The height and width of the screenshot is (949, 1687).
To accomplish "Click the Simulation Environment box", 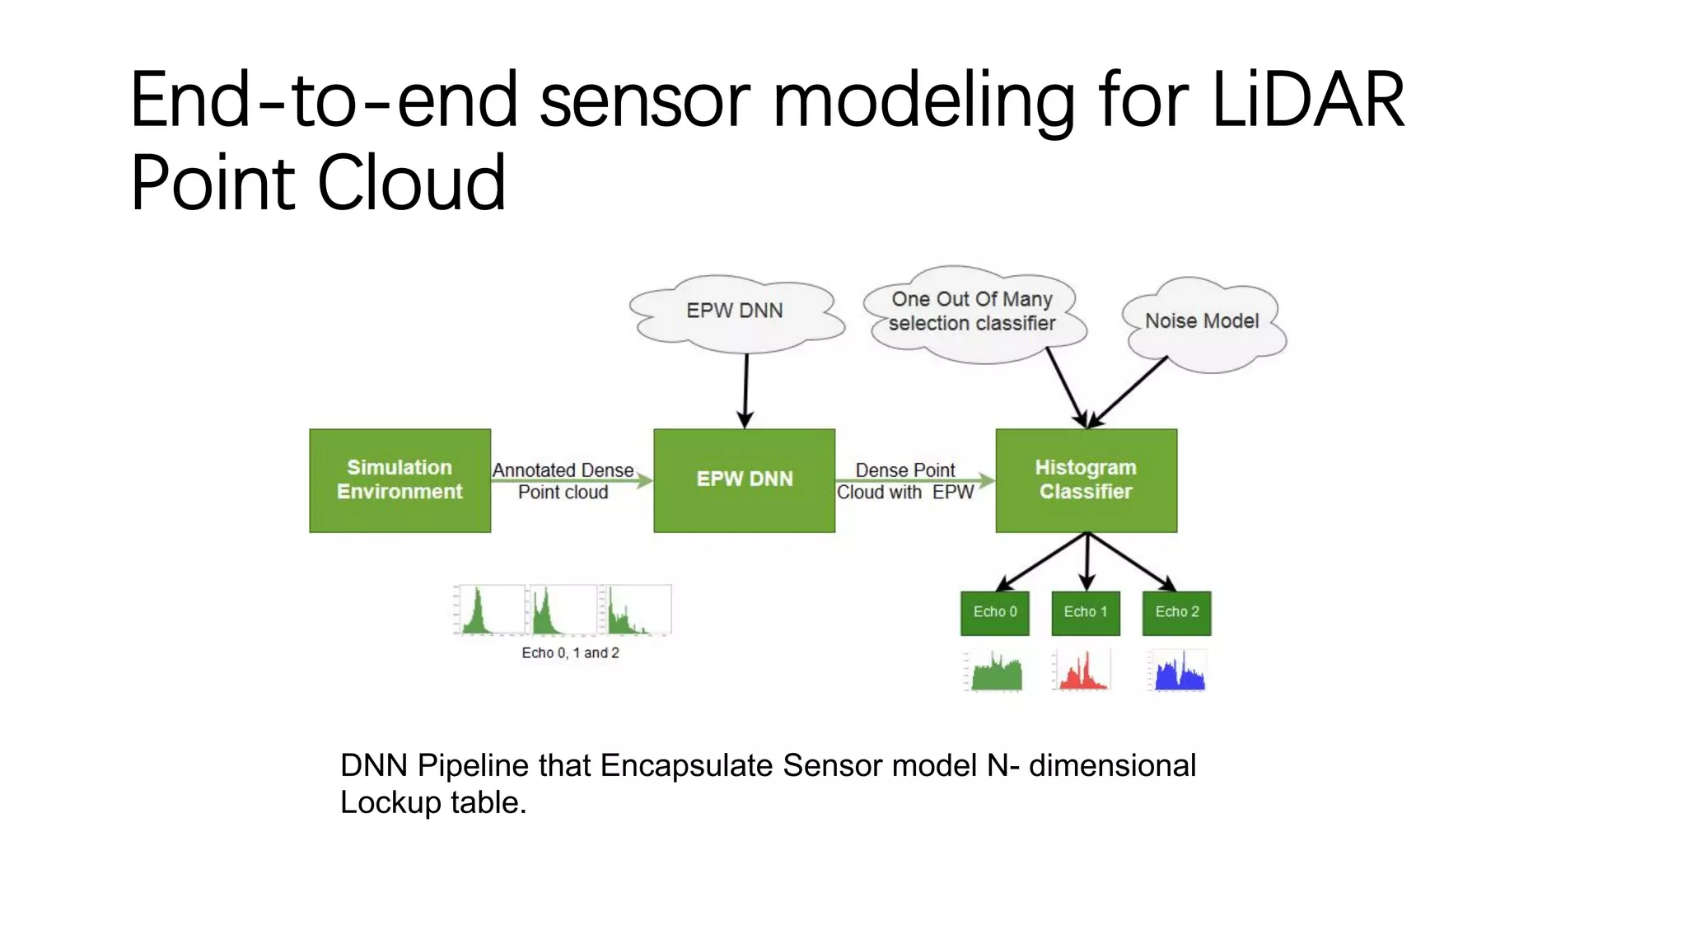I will click(x=400, y=480).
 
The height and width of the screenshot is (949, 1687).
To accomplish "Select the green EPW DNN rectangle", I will click(x=744, y=480).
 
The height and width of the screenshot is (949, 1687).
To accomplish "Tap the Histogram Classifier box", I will click(x=1086, y=480).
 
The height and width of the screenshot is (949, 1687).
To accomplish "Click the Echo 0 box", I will click(x=994, y=613).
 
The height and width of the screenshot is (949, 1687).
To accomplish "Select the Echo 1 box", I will click(x=1086, y=613).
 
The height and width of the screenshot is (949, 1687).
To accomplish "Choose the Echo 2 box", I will click(x=1176, y=613).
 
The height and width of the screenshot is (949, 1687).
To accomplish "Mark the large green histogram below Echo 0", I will click(x=996, y=672).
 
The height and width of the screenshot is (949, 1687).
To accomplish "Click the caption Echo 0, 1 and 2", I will click(x=570, y=653).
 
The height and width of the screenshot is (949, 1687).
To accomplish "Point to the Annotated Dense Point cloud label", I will click(x=563, y=481).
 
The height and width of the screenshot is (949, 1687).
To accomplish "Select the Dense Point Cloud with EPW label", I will click(x=905, y=481).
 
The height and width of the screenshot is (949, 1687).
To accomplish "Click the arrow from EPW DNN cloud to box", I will click(x=746, y=389).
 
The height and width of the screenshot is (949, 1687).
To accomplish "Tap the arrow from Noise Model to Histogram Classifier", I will click(x=1129, y=392).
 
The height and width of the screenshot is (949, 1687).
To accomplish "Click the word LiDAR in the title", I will click(x=1307, y=101).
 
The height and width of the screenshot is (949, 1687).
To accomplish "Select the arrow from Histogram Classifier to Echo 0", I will click(x=1043, y=562).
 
